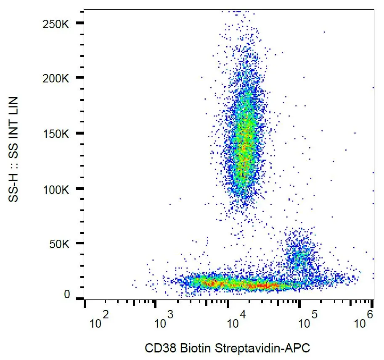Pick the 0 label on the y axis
point(67,295)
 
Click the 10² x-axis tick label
point(99,322)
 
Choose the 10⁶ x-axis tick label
point(365,322)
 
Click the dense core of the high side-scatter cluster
point(244,143)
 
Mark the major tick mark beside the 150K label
point(79,133)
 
